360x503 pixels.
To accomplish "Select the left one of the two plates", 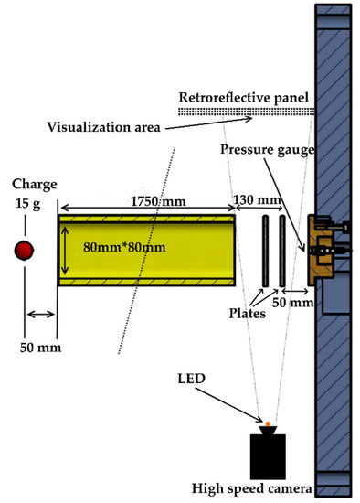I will (x=265, y=250).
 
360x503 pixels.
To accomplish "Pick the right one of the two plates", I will (x=282, y=250).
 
